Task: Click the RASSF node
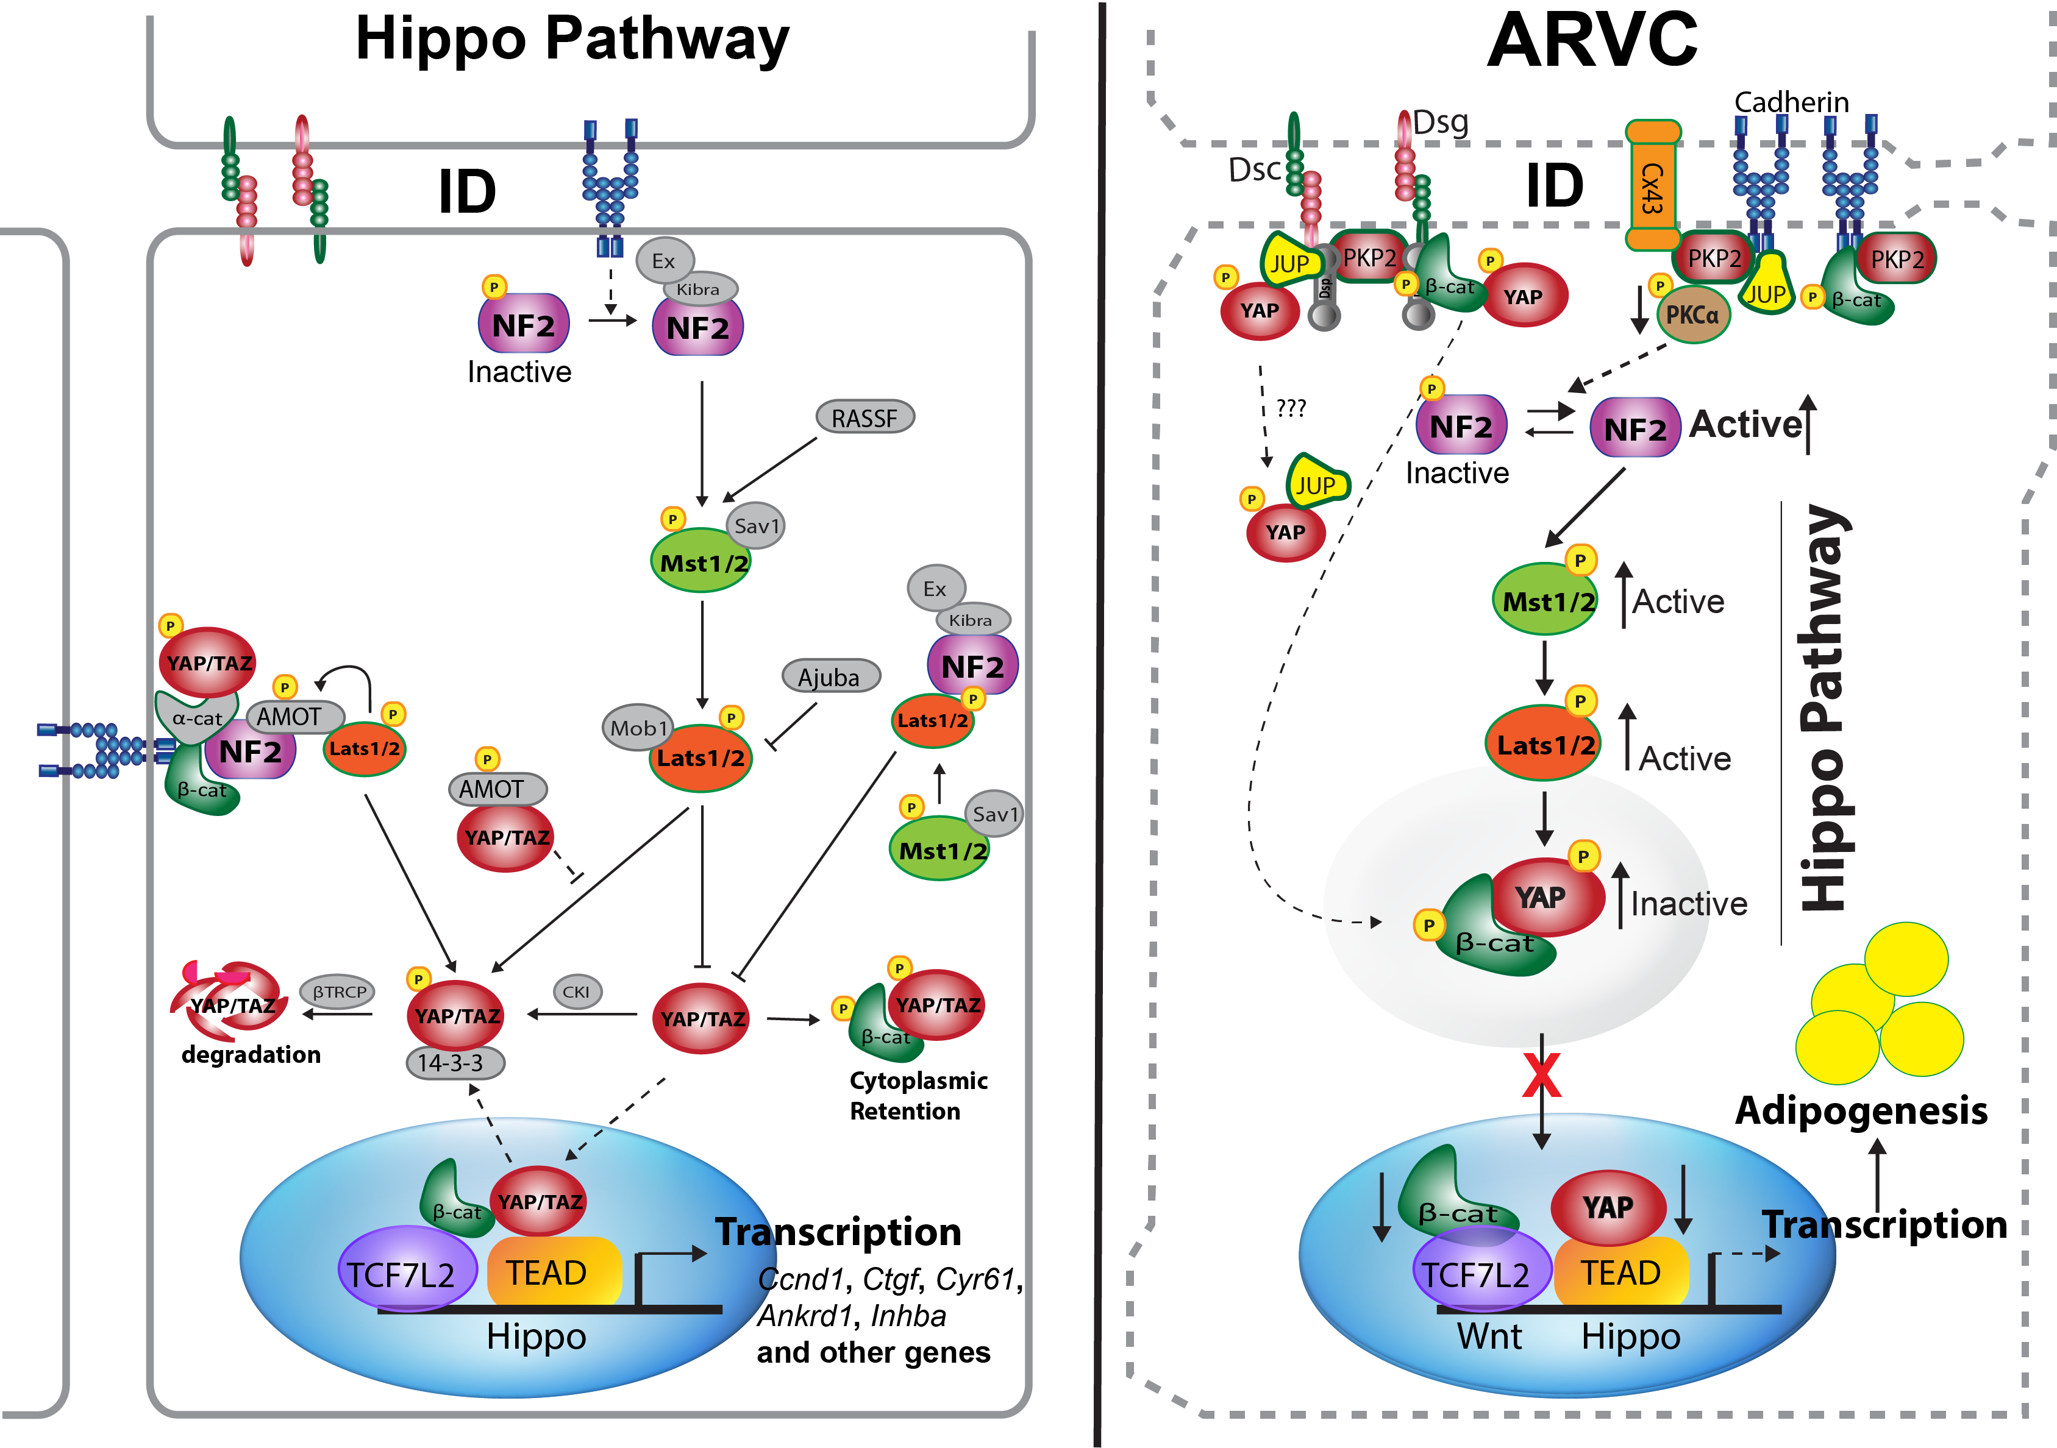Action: point(865,417)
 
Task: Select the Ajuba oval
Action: point(830,677)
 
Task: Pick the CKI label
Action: point(576,992)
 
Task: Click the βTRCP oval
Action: point(338,992)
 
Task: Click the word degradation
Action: point(251,1055)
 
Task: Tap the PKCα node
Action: point(1692,315)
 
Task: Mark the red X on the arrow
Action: point(1541,1076)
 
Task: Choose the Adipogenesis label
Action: point(1861,1110)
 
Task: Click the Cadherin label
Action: point(1792,102)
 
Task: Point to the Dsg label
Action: point(1441,122)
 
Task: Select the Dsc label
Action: point(1254,170)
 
